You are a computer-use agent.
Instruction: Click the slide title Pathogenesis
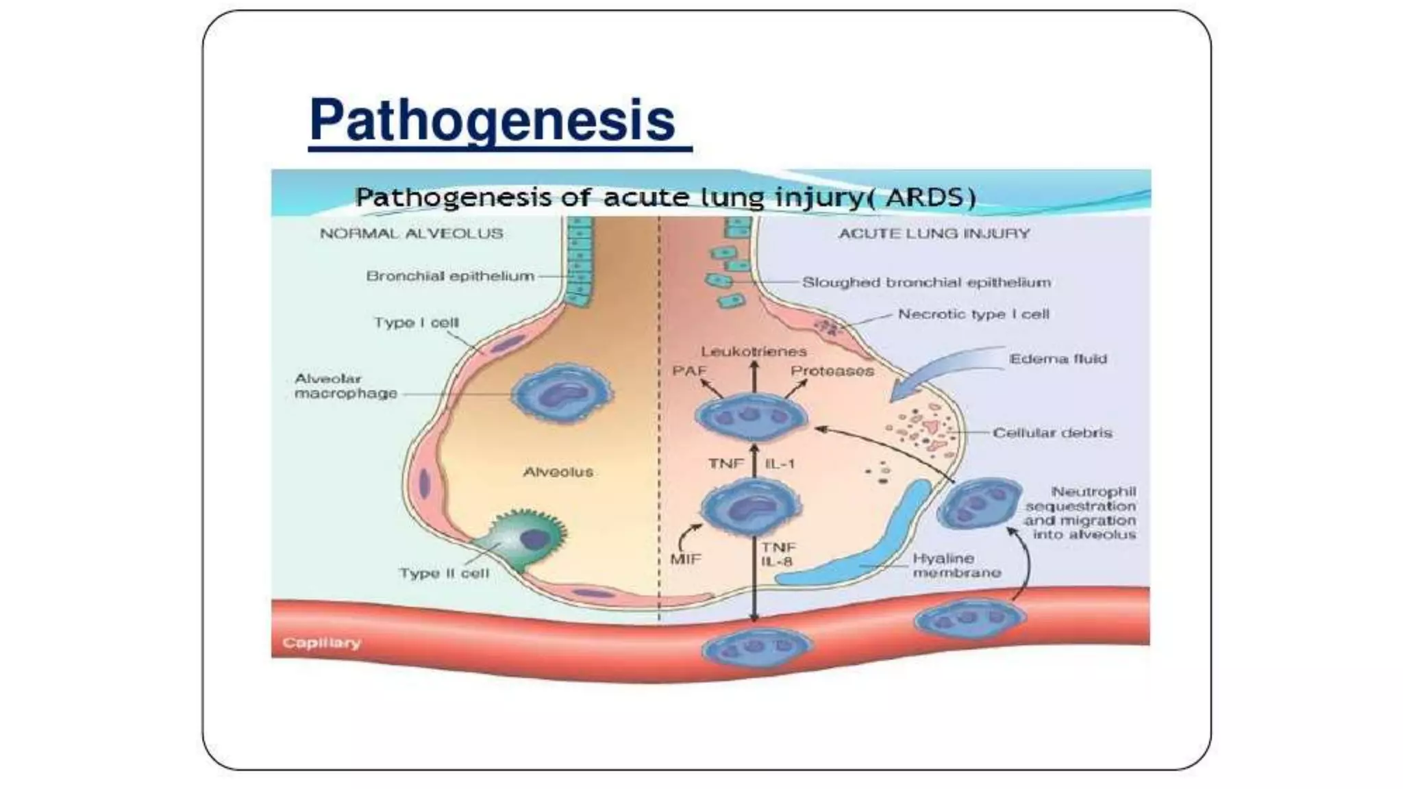[493, 120]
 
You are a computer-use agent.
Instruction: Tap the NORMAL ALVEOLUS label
[412, 234]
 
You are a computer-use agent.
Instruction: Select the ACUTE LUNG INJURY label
[934, 234]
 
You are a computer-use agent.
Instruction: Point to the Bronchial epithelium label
[450, 276]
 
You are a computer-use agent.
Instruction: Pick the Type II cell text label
[445, 573]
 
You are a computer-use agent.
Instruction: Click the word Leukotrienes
[754, 351]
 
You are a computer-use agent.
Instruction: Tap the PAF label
[689, 371]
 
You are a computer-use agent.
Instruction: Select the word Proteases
[832, 371]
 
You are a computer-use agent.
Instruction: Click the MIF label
[686, 558]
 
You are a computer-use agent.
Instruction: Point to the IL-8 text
[778, 562]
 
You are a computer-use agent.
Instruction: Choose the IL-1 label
[780, 464]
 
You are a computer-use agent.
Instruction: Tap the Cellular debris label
[1052, 433]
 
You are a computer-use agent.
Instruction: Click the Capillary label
[321, 642]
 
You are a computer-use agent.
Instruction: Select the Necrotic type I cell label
[973, 314]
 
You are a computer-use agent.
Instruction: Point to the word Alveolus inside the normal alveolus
[558, 472]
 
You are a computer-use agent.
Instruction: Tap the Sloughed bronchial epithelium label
[926, 282]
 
